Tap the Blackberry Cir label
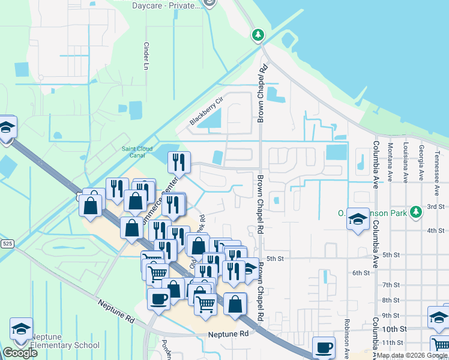click(x=205, y=112)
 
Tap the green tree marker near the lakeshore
click(x=258, y=35)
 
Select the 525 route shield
click(x=7, y=244)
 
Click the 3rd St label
click(x=435, y=206)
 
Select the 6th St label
click(x=360, y=272)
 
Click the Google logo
click(x=20, y=353)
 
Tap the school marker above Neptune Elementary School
click(x=21, y=329)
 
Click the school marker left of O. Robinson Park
click(x=358, y=219)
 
